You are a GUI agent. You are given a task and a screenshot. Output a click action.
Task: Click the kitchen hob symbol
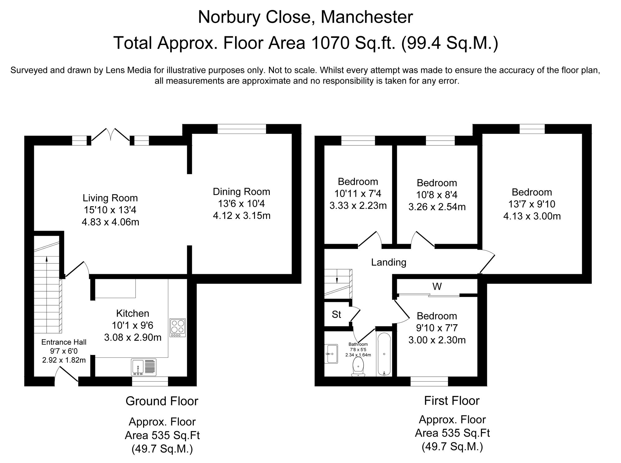tap(178, 328)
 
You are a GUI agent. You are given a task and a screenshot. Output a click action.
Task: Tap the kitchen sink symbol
tap(143, 367)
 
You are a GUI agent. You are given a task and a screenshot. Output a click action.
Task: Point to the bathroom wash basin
tap(332, 354)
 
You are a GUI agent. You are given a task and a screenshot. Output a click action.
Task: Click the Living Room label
tap(110, 198)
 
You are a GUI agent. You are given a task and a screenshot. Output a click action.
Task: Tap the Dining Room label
tap(241, 192)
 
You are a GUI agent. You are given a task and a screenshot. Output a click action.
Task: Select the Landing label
tap(388, 262)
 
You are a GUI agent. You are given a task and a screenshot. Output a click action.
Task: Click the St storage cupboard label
tap(336, 315)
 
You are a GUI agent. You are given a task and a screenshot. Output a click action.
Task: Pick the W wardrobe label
tap(437, 286)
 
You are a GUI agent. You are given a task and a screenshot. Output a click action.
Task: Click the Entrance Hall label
tap(64, 342)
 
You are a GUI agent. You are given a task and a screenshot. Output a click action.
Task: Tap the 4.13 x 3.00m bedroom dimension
tap(532, 216)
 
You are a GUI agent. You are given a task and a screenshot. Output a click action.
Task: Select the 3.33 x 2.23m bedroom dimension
tap(358, 206)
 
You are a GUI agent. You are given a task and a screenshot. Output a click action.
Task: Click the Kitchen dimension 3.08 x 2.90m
tap(133, 338)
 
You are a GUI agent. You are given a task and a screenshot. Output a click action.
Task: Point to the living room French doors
tap(111, 136)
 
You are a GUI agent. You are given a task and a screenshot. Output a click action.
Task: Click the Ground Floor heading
tap(161, 401)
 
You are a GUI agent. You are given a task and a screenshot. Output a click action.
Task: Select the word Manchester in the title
tap(366, 17)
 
